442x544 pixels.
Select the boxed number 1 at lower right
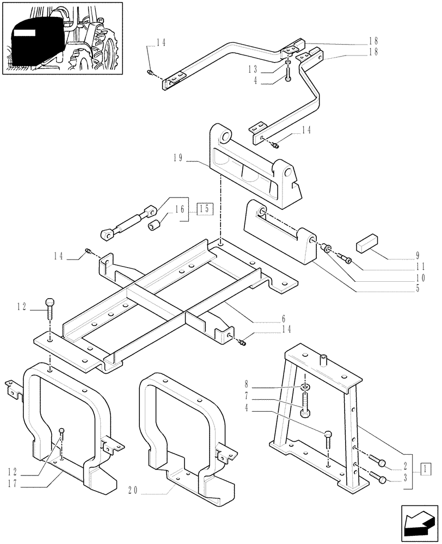(x=426, y=467)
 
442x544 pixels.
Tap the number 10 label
(x=416, y=277)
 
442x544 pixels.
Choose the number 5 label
(x=416, y=289)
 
